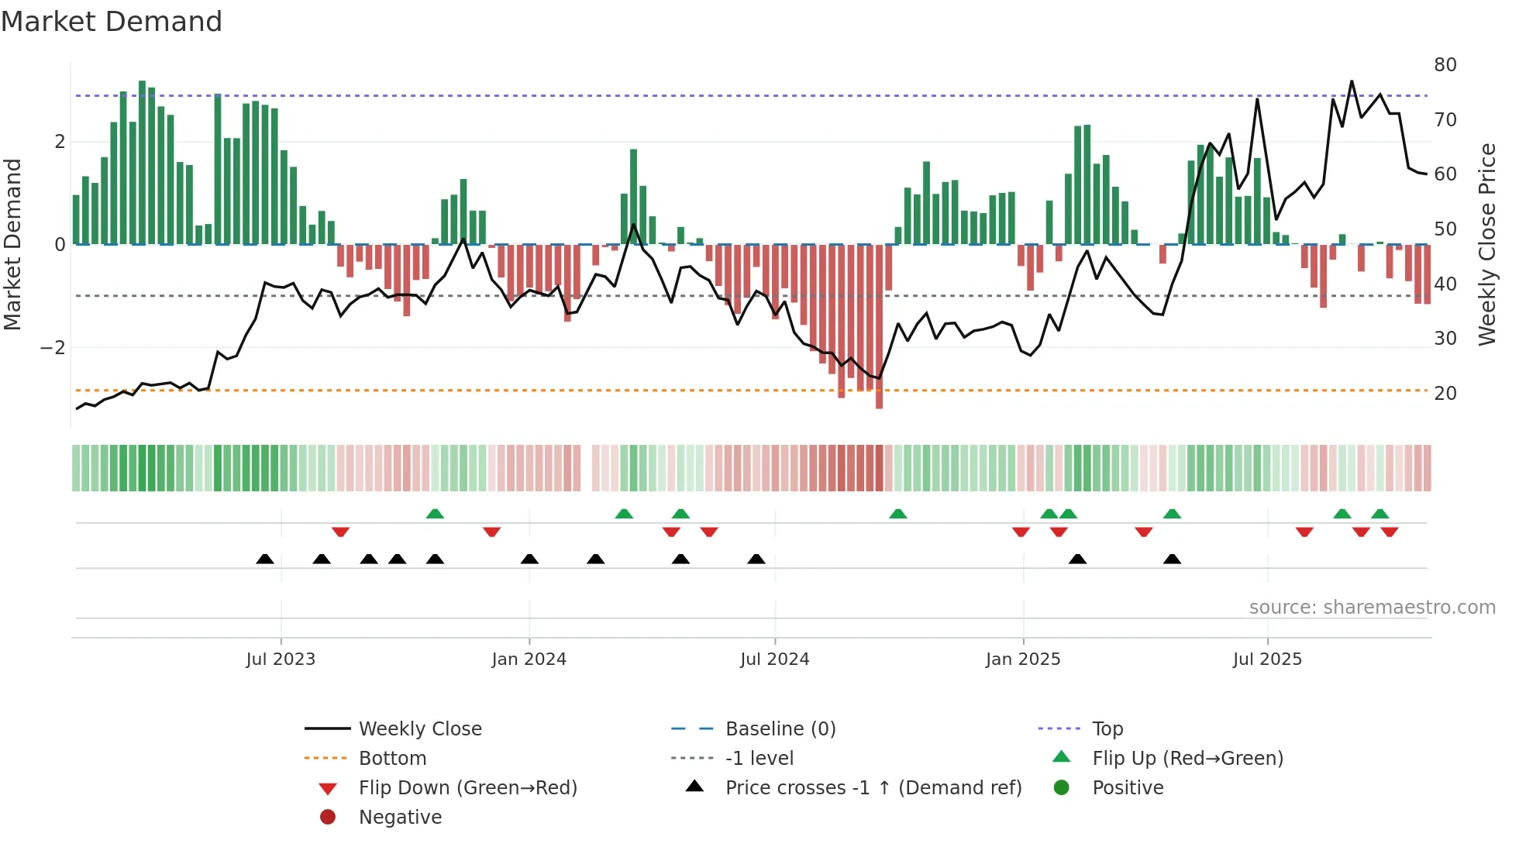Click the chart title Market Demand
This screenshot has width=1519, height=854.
(112, 21)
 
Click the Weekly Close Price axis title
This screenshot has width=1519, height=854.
(1487, 244)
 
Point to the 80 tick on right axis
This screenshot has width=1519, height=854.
(1445, 65)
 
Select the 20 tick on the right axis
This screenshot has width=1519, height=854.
(1445, 394)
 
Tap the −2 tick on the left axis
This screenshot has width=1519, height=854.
(53, 348)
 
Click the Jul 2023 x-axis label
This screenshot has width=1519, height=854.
(281, 659)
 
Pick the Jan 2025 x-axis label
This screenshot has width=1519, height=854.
(1023, 659)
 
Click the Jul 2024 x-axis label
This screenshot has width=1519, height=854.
(774, 659)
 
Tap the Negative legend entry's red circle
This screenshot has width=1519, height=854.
(328, 818)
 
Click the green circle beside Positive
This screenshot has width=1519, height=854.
(1062, 788)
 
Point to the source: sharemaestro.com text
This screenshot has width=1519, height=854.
(1372, 608)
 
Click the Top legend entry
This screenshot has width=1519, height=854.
(1107, 729)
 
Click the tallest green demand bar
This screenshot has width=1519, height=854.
(142, 163)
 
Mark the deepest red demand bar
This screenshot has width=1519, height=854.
(879, 325)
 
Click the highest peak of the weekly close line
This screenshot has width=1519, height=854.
(1352, 81)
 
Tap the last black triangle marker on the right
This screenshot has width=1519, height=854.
(1172, 560)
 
